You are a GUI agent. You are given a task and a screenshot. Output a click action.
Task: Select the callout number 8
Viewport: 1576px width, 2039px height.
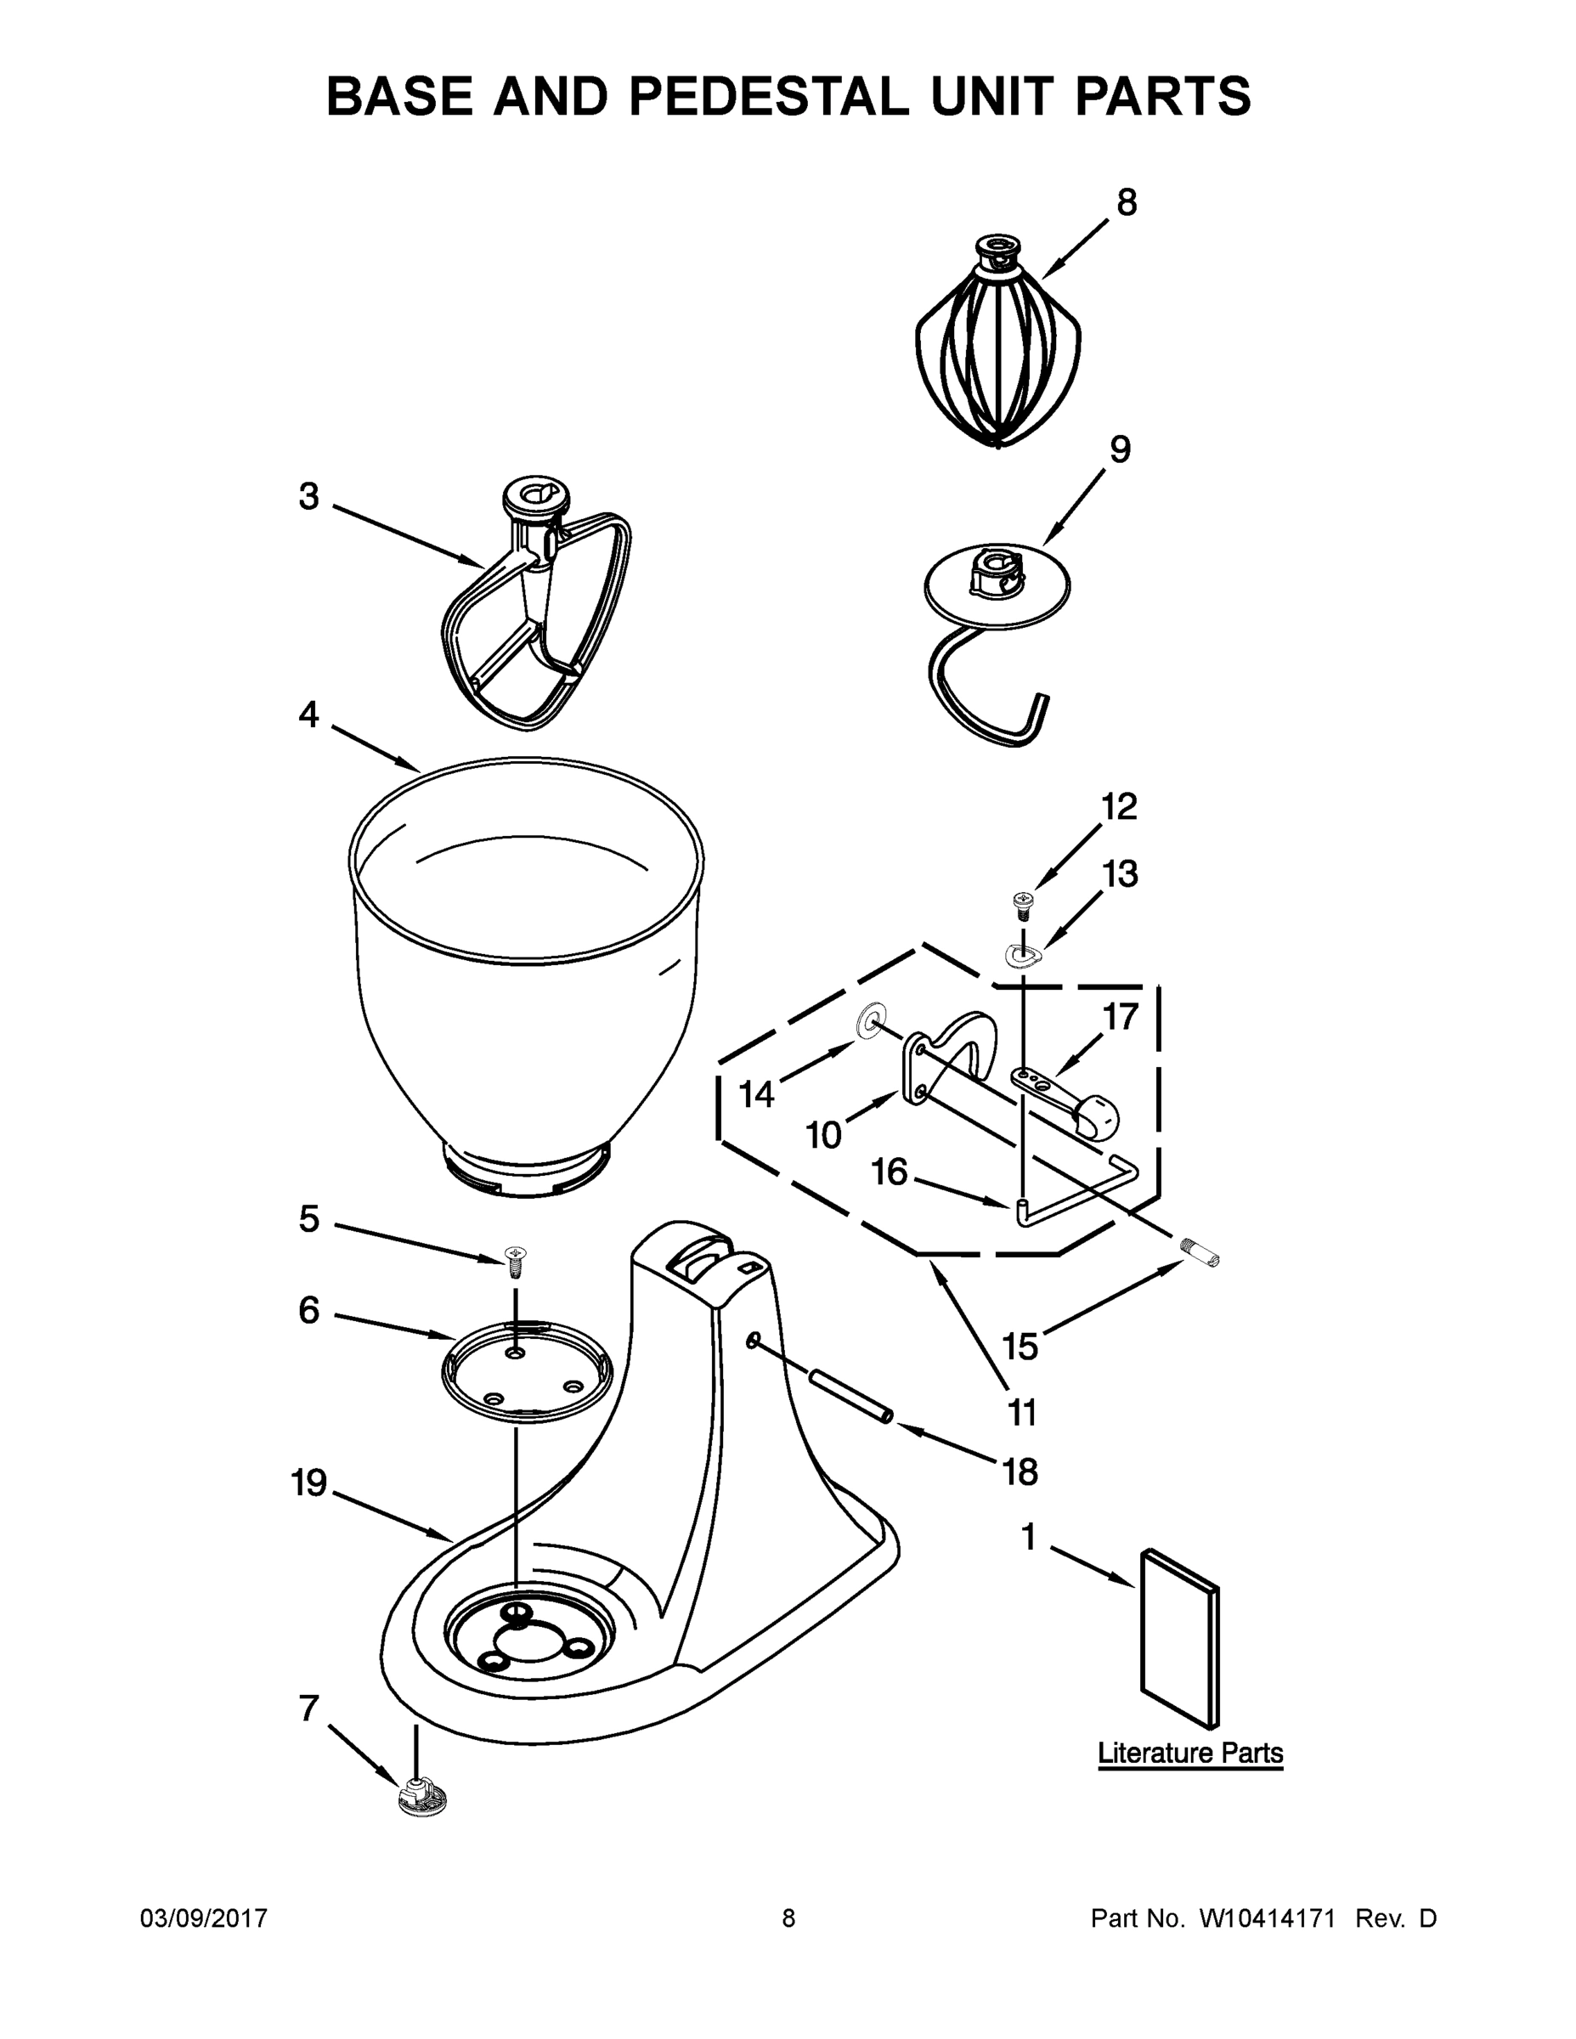pyautogui.click(x=1127, y=202)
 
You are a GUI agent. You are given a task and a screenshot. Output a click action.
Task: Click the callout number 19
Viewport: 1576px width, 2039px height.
pyautogui.click(x=309, y=1483)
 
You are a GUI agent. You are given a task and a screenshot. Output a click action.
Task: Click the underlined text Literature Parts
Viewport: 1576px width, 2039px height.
pyautogui.click(x=1189, y=1753)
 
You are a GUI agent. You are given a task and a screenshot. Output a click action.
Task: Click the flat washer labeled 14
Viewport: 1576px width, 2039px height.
pyautogui.click(x=870, y=1021)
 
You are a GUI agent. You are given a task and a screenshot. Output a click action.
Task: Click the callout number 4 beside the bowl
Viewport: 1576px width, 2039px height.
pyautogui.click(x=308, y=716)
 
